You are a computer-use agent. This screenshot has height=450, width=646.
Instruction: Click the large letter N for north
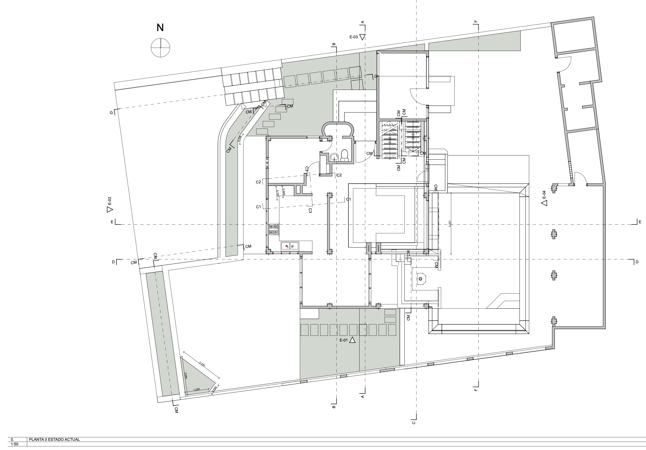click(x=160, y=28)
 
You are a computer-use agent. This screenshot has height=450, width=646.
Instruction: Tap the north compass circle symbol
click(x=161, y=48)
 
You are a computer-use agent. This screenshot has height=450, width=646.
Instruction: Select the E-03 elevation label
click(x=354, y=37)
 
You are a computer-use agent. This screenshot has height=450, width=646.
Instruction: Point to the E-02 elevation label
click(x=110, y=201)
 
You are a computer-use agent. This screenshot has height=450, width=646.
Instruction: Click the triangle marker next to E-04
click(x=544, y=203)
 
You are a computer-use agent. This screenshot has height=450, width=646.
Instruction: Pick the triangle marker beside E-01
click(x=352, y=340)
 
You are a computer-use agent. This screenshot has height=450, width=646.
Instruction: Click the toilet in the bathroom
click(x=345, y=154)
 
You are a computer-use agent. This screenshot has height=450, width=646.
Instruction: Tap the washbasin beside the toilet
click(x=334, y=157)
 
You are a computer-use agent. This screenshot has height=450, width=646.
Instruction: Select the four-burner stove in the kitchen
click(x=274, y=230)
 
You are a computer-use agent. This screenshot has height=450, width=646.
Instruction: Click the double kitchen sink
click(x=290, y=246)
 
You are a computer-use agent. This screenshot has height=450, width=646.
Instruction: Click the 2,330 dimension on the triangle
click(x=202, y=364)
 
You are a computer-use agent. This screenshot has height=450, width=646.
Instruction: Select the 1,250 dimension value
click(x=196, y=389)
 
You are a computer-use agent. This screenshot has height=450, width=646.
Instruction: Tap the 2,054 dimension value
click(x=186, y=376)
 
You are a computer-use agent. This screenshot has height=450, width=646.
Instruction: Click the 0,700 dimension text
click(x=277, y=193)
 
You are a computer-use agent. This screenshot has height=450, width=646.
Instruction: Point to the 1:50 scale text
click(x=15, y=444)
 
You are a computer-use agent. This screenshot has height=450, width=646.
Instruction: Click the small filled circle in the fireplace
click(x=420, y=279)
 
